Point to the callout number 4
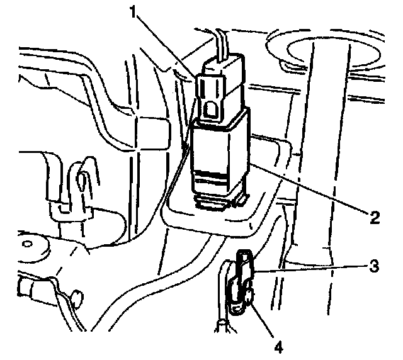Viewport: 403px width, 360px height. click(x=276, y=344)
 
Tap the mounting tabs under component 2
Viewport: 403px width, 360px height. click(x=220, y=201)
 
